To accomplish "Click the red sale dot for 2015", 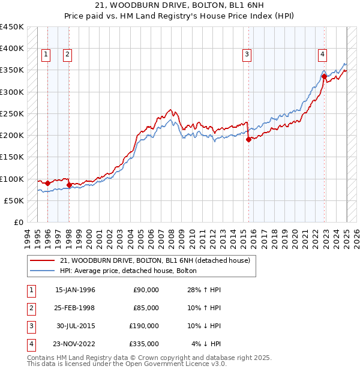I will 248,140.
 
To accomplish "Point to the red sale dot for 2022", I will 324,76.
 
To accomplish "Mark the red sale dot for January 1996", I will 47,183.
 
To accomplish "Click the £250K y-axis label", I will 12,113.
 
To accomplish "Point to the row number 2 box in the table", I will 30,308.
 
